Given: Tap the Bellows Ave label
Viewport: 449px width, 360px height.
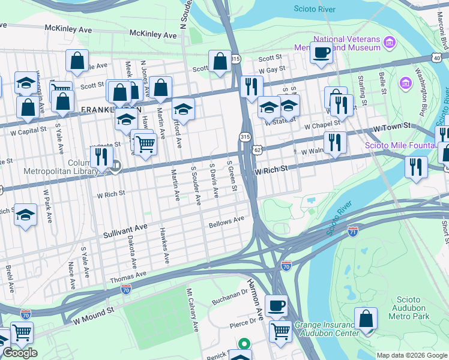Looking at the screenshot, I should click(226, 223).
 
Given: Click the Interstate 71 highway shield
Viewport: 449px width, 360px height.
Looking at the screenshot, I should click(352, 230).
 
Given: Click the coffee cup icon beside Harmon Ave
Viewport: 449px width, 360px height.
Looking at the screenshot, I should click(276, 306).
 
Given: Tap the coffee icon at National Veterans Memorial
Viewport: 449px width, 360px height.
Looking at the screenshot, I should click(321, 52).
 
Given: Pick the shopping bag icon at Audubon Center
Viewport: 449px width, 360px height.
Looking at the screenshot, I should click(366, 319).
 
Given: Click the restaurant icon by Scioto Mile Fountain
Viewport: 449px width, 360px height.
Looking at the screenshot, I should click(416, 167).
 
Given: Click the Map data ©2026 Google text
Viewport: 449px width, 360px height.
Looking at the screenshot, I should click(412, 355).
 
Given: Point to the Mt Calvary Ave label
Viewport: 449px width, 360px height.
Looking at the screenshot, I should click(193, 311).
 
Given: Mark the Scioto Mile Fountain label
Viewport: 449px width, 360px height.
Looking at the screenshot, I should click(400, 145).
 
